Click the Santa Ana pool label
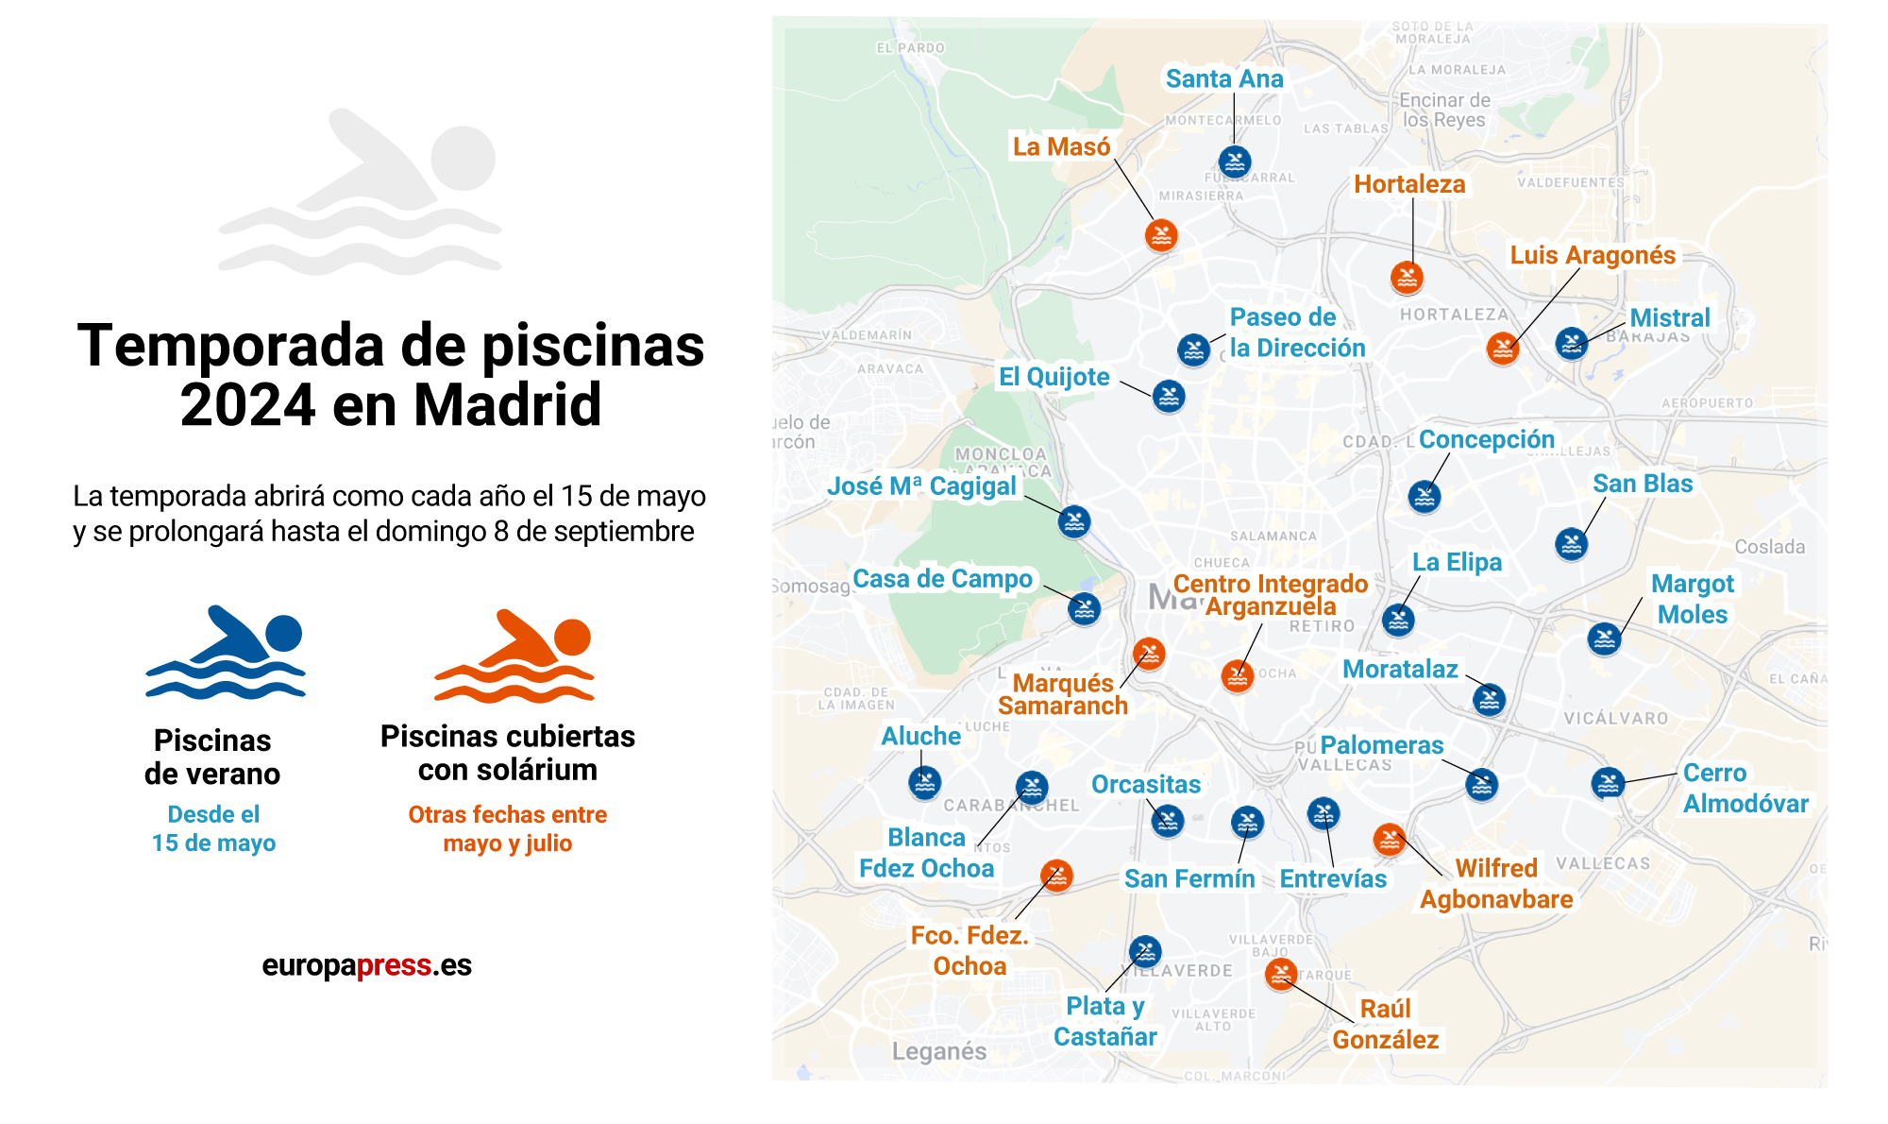tap(1224, 79)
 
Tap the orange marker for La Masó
tap(1161, 235)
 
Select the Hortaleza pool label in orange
tap(1409, 184)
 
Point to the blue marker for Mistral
tap(1572, 343)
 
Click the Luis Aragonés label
tap(1593, 256)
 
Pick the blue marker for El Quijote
tap(1169, 397)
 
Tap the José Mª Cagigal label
tap(921, 486)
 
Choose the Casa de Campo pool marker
tap(1085, 609)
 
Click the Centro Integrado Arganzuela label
tap(1271, 595)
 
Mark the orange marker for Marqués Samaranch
tap(1149, 654)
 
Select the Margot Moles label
tap(1693, 599)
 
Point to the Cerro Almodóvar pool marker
tap(1608, 783)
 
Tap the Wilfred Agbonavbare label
tap(1496, 884)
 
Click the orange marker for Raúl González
tap(1281, 974)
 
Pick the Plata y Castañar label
tap(1104, 1021)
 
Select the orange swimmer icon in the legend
tap(514, 656)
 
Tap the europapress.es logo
tap(366, 965)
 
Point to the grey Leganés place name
tap(939, 1051)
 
